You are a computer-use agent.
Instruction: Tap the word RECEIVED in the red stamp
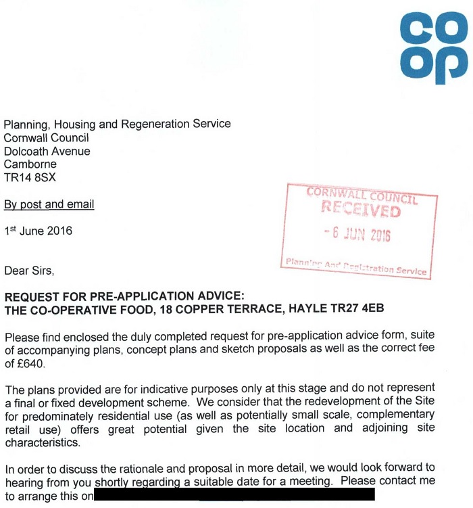pyautogui.click(x=360, y=210)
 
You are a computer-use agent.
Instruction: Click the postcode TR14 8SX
pyautogui.click(x=30, y=177)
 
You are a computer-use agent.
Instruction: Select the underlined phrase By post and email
pyautogui.click(x=49, y=204)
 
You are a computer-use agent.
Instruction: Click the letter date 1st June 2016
pyautogui.click(x=38, y=231)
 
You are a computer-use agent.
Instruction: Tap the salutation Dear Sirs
pyautogui.click(x=28, y=271)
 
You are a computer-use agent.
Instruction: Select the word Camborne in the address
pyautogui.click(x=30, y=164)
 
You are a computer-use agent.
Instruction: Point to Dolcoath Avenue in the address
pyautogui.click(x=47, y=152)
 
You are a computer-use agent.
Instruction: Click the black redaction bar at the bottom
pyautogui.click(x=234, y=496)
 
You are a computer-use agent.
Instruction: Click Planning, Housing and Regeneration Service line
pyautogui.click(x=118, y=124)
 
